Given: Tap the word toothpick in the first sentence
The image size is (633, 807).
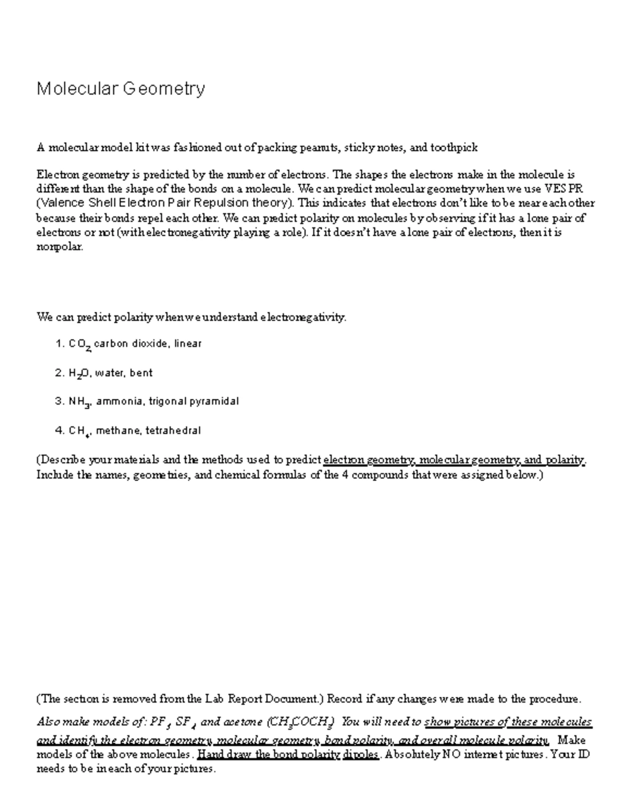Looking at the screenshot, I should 454,148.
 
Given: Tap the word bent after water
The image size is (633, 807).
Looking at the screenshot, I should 141,373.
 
